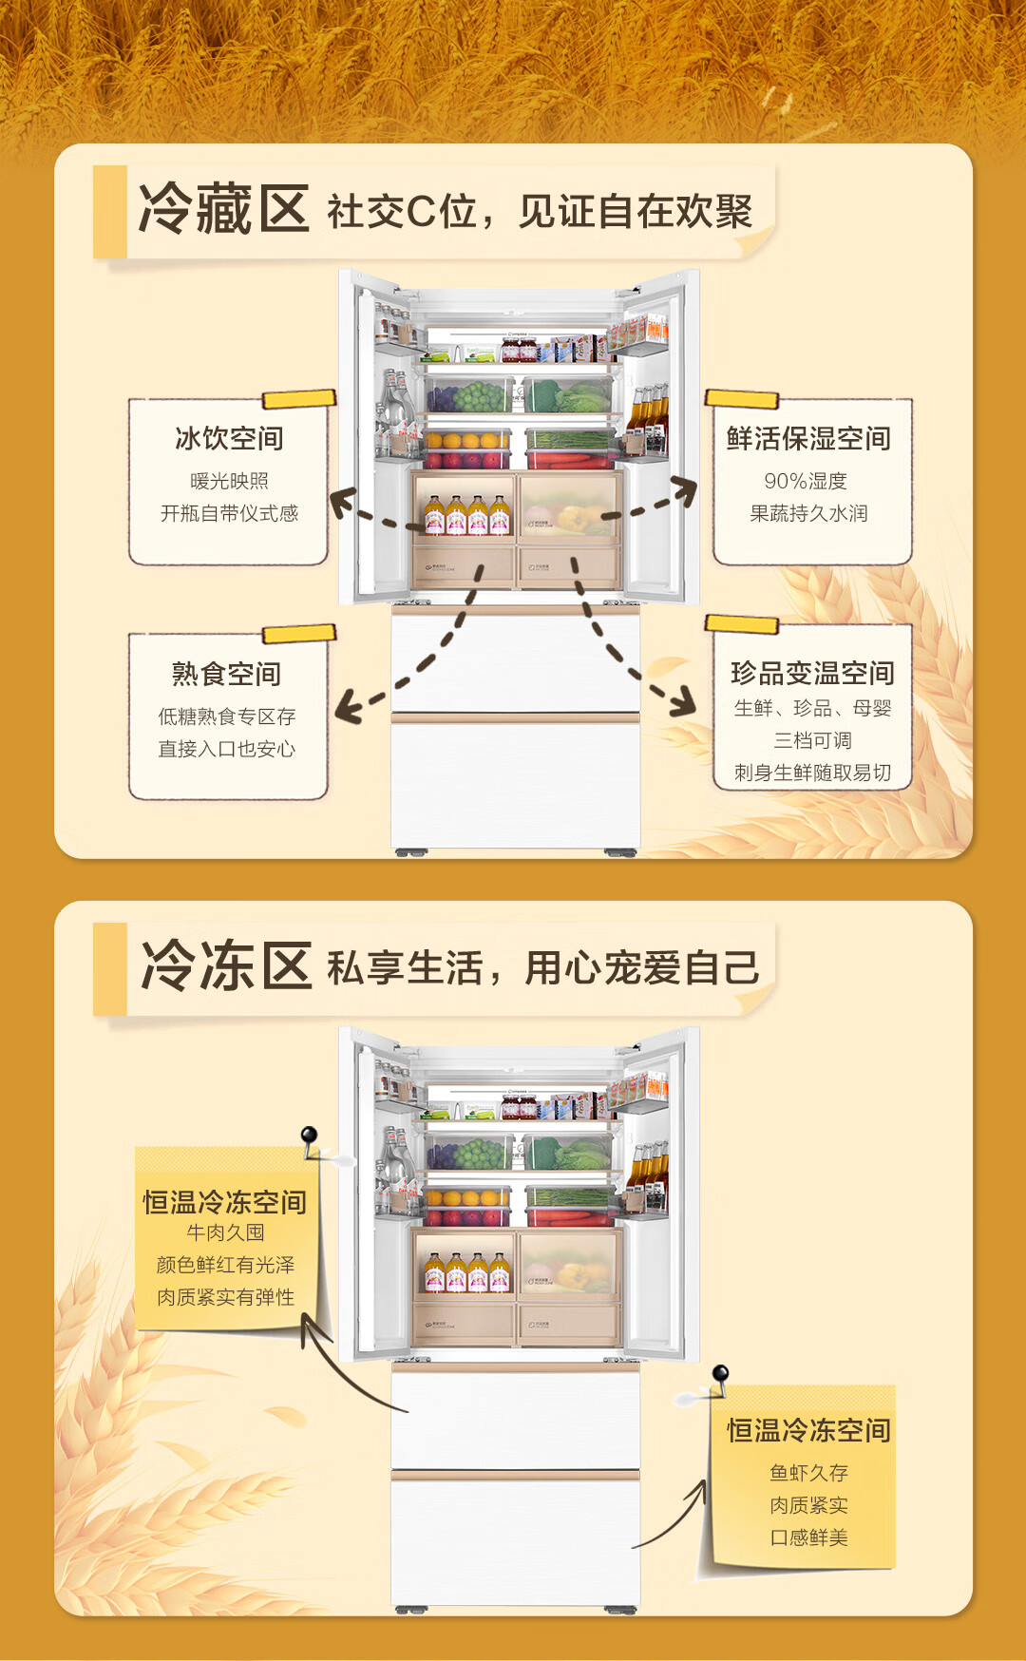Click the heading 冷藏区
[224, 209]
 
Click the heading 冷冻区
[226, 966]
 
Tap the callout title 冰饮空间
[229, 438]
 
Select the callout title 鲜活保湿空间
[808, 438]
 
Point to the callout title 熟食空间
[226, 674]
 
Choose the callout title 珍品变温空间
[812, 673]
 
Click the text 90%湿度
[806, 481]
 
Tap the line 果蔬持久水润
[808, 513]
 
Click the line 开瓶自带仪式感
[229, 513]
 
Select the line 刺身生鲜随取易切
[812, 773]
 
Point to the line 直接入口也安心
[226, 749]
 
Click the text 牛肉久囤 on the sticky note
[225, 1232]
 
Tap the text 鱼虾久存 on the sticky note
[808, 1473]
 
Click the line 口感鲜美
[808, 1537]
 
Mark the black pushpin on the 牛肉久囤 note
[309, 1135]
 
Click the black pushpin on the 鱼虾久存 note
[720, 1373]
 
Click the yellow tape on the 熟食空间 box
[298, 634]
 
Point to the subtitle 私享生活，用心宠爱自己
[542, 968]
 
